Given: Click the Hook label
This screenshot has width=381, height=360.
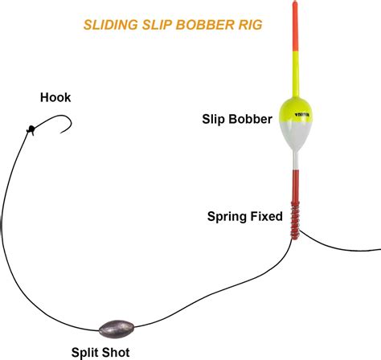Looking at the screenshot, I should point(55,97).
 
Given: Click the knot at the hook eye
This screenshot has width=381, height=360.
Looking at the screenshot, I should point(31,128).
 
